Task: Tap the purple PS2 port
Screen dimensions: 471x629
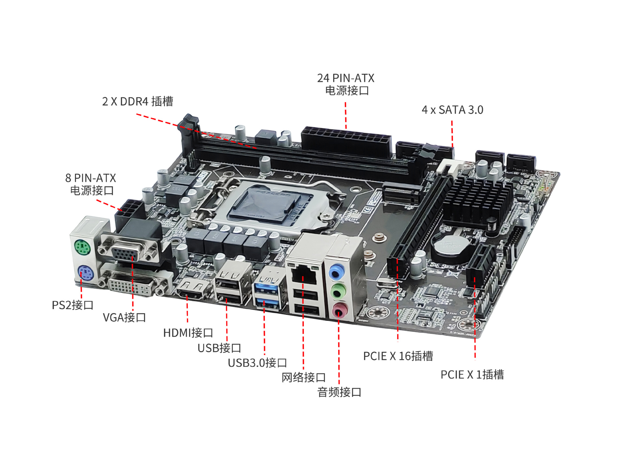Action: [86, 272]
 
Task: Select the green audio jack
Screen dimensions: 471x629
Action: [338, 291]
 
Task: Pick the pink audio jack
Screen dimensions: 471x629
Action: [340, 310]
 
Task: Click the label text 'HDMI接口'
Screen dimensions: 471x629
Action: [188, 333]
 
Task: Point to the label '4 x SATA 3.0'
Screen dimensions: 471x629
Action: [452, 110]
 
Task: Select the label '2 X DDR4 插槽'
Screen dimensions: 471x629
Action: [138, 101]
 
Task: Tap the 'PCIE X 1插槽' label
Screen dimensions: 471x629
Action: [472, 375]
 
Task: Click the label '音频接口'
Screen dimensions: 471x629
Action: [339, 392]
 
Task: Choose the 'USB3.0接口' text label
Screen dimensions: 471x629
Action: [257, 363]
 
